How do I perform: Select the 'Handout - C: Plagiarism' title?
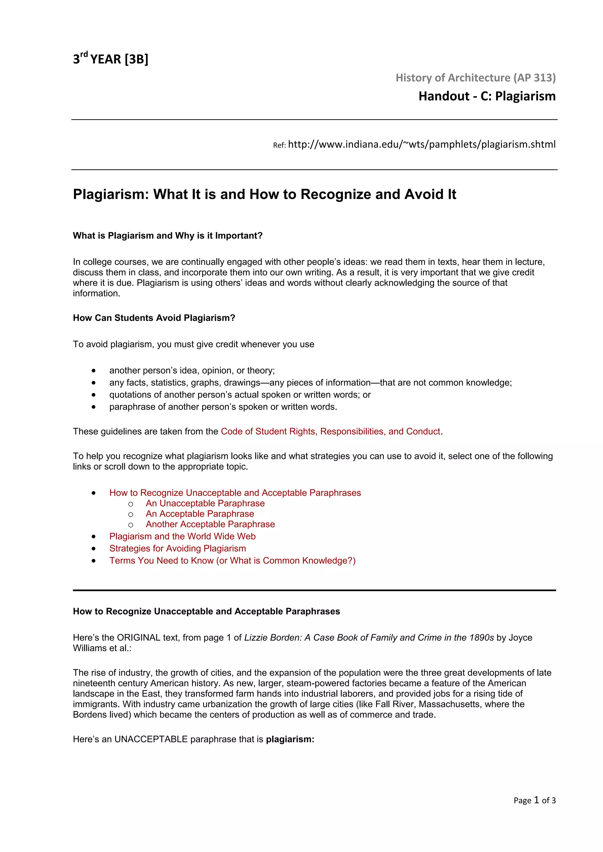click(487, 96)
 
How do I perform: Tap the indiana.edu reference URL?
click(421, 144)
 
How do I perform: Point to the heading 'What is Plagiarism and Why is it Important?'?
click(168, 236)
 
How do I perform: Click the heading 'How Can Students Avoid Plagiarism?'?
click(154, 318)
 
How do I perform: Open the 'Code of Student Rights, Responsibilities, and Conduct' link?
click(330, 431)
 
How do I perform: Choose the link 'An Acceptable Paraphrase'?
click(200, 514)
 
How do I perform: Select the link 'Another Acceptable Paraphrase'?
click(210, 524)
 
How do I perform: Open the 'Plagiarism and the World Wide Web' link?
click(182, 536)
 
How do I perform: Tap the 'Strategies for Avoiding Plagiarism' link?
click(178, 548)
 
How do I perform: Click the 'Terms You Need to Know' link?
click(232, 561)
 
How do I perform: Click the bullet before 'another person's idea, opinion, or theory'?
click(94, 371)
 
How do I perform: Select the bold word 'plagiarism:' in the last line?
click(290, 739)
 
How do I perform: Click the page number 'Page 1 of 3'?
click(534, 801)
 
